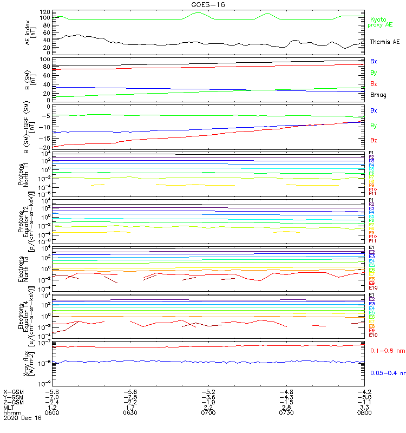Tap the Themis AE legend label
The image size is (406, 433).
pyautogui.click(x=384, y=42)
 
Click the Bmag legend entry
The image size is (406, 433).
pyautogui.click(x=378, y=95)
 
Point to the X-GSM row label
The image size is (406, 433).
pyautogui.click(x=14, y=391)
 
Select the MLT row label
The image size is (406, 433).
pyautogui.click(x=9, y=407)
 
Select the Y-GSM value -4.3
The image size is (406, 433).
pyautogui.click(x=286, y=397)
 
